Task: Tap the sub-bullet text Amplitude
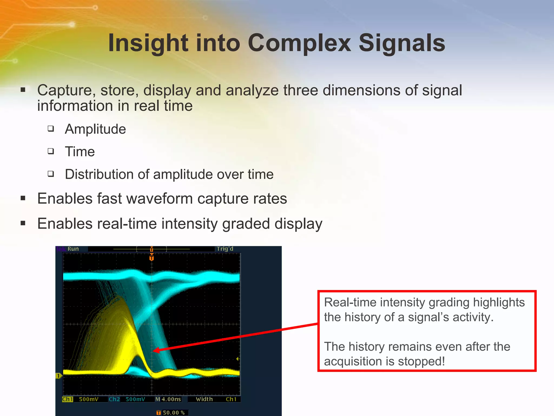pos(95,129)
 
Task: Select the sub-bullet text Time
pos(80,151)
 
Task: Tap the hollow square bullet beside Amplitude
pos(51,128)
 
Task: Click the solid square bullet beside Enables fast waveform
pos(23,199)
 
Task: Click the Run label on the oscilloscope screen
pos(73,249)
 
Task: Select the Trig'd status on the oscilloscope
pos(225,249)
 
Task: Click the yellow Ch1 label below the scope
pos(67,399)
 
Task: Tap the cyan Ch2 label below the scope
pos(114,399)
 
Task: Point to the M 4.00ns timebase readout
pos(168,399)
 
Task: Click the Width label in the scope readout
pos(204,399)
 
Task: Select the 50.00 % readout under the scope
pos(173,412)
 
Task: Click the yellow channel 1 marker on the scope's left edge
pos(58,376)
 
